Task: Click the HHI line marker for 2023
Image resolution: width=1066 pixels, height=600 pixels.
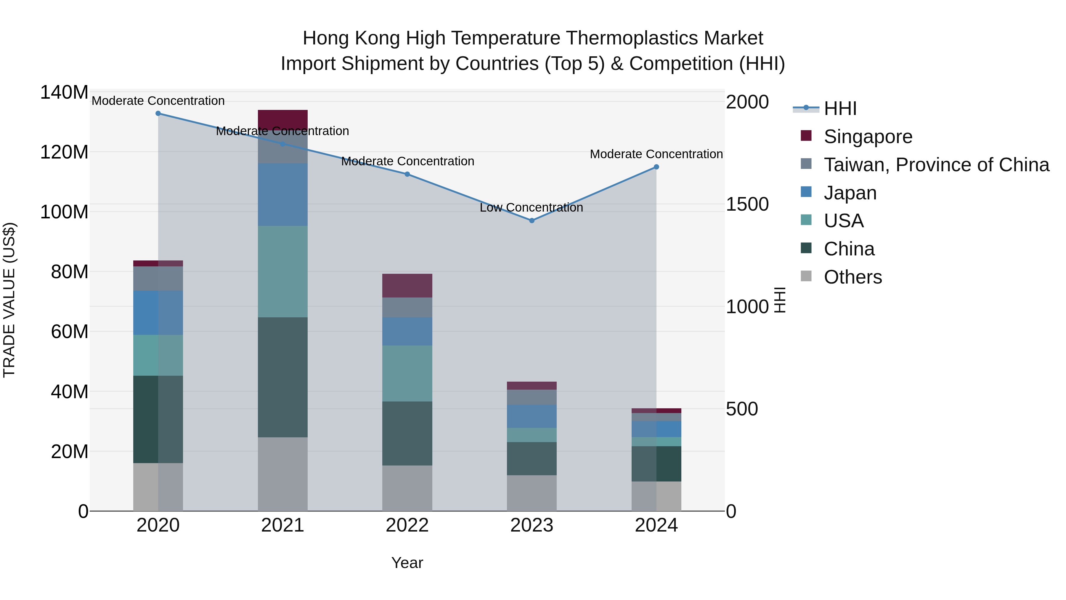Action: [x=532, y=221]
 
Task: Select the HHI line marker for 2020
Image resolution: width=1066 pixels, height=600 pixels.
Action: [x=158, y=113]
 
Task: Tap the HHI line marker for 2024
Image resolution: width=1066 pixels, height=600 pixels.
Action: [x=656, y=167]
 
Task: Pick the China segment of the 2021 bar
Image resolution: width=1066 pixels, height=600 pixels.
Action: [x=283, y=377]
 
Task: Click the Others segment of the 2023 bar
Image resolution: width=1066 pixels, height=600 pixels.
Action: [x=532, y=493]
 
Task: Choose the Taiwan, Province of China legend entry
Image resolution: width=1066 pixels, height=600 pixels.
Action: [x=936, y=165]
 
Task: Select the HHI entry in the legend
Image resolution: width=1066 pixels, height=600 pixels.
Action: [x=840, y=108]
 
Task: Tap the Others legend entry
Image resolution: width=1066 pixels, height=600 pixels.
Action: [x=853, y=277]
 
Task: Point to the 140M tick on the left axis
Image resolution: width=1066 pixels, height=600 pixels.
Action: [x=64, y=92]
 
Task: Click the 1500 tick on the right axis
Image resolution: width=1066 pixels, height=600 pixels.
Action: [x=747, y=204]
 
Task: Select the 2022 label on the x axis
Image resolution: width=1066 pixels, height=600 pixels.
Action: [x=407, y=525]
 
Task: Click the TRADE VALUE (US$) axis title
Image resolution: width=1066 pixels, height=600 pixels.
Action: [x=9, y=300]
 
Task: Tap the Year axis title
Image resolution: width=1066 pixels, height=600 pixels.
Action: [x=407, y=563]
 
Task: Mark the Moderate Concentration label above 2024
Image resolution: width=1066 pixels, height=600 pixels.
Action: [x=656, y=154]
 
